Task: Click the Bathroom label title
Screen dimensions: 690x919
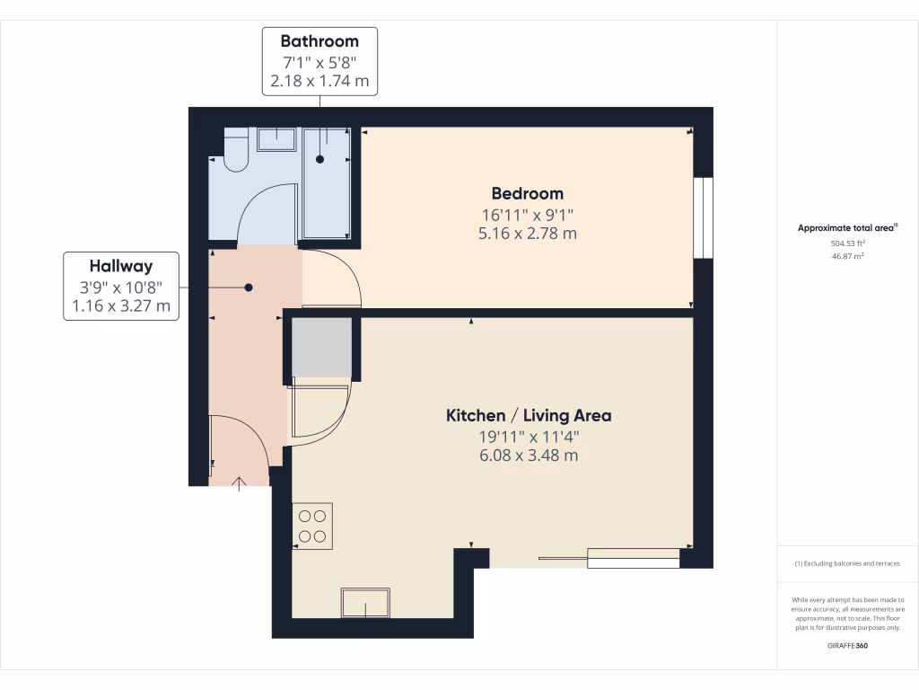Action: coord(319,41)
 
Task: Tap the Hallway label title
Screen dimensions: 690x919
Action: coord(120,266)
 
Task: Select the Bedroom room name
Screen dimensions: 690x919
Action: coord(527,193)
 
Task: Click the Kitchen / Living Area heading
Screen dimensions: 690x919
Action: coord(529,415)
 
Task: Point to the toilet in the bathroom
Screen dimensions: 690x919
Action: coord(235,149)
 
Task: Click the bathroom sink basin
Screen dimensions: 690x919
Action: coord(276,138)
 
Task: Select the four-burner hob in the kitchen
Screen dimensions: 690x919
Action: coord(312,526)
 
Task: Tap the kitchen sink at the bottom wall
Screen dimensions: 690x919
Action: coord(365,603)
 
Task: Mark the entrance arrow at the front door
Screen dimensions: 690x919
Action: coord(240,484)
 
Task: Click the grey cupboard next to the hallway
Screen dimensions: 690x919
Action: coord(323,347)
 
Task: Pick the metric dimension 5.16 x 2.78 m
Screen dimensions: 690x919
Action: coord(527,234)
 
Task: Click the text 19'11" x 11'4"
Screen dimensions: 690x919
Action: coord(529,437)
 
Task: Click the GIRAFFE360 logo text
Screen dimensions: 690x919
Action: coord(847,645)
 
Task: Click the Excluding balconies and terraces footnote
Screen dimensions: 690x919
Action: coord(847,563)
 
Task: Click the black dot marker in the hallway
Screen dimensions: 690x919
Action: coord(249,287)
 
